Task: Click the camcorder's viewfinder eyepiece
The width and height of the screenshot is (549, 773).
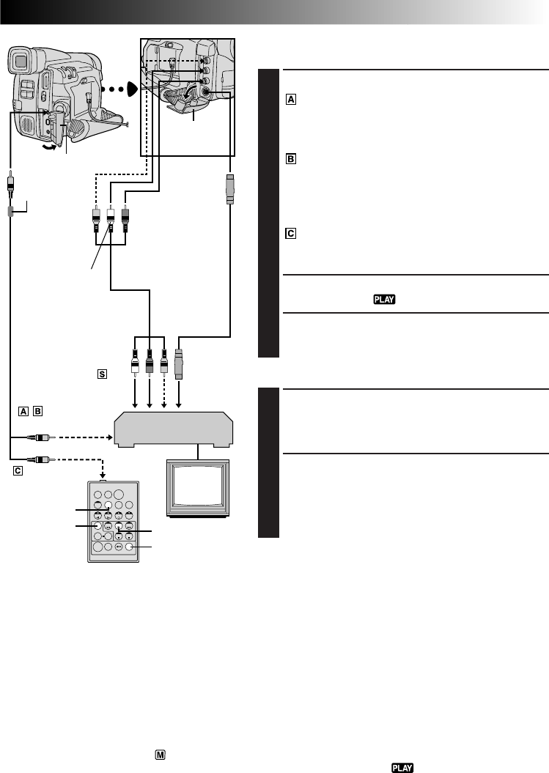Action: point(21,63)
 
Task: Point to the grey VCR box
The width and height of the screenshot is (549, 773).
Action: point(174,428)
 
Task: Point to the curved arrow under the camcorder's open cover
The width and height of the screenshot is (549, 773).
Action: point(49,146)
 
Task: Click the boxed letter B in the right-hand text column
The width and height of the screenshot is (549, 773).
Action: point(290,158)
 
